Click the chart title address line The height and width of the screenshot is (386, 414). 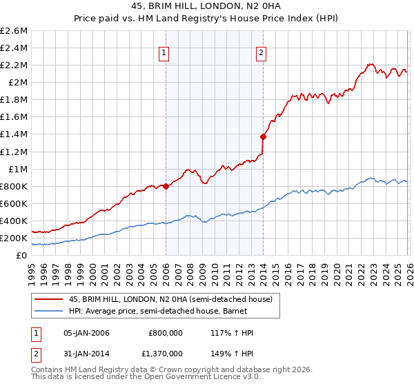206,6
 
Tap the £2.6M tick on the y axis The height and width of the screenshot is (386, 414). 14,31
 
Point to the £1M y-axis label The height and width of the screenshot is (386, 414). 17,169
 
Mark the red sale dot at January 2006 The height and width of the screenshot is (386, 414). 166,186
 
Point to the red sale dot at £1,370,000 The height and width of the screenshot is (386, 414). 263,136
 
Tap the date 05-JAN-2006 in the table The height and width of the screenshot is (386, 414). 86,333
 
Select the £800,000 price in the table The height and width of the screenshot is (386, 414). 166,333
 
